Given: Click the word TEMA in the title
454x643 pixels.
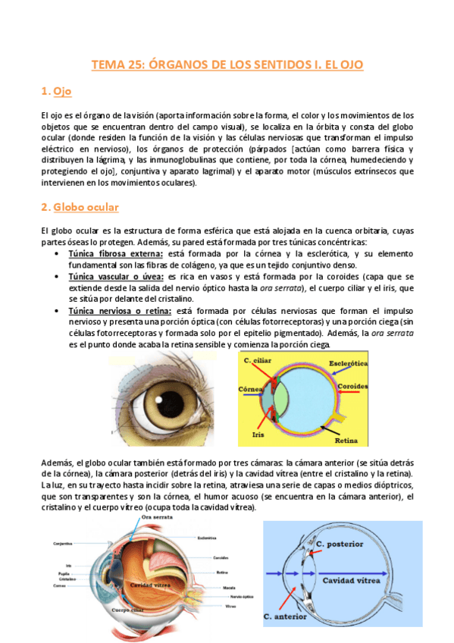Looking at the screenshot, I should (x=106, y=65).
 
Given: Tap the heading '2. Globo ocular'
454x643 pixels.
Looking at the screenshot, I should (x=80, y=207).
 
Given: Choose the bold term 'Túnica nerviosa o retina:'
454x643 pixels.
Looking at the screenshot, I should (x=120, y=311).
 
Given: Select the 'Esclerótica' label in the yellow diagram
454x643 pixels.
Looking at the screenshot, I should (x=347, y=363).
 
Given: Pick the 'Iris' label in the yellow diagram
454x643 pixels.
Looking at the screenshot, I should (x=257, y=436).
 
